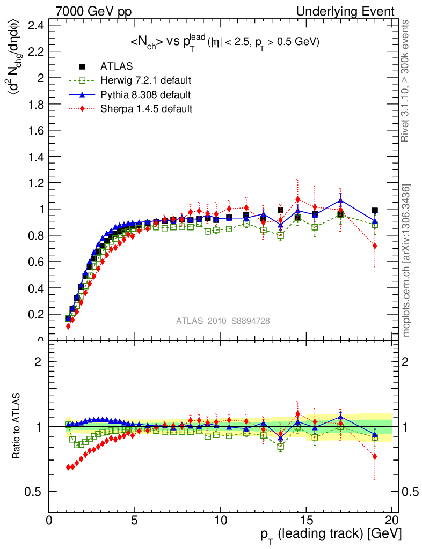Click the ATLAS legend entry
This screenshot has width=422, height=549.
117,66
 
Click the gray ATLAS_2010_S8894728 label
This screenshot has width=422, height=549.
223,321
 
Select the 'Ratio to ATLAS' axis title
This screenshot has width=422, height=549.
17,427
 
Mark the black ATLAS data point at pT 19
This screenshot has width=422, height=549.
375,211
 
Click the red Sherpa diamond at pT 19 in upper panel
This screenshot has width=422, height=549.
375,246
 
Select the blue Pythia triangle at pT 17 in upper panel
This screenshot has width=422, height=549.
340,201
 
